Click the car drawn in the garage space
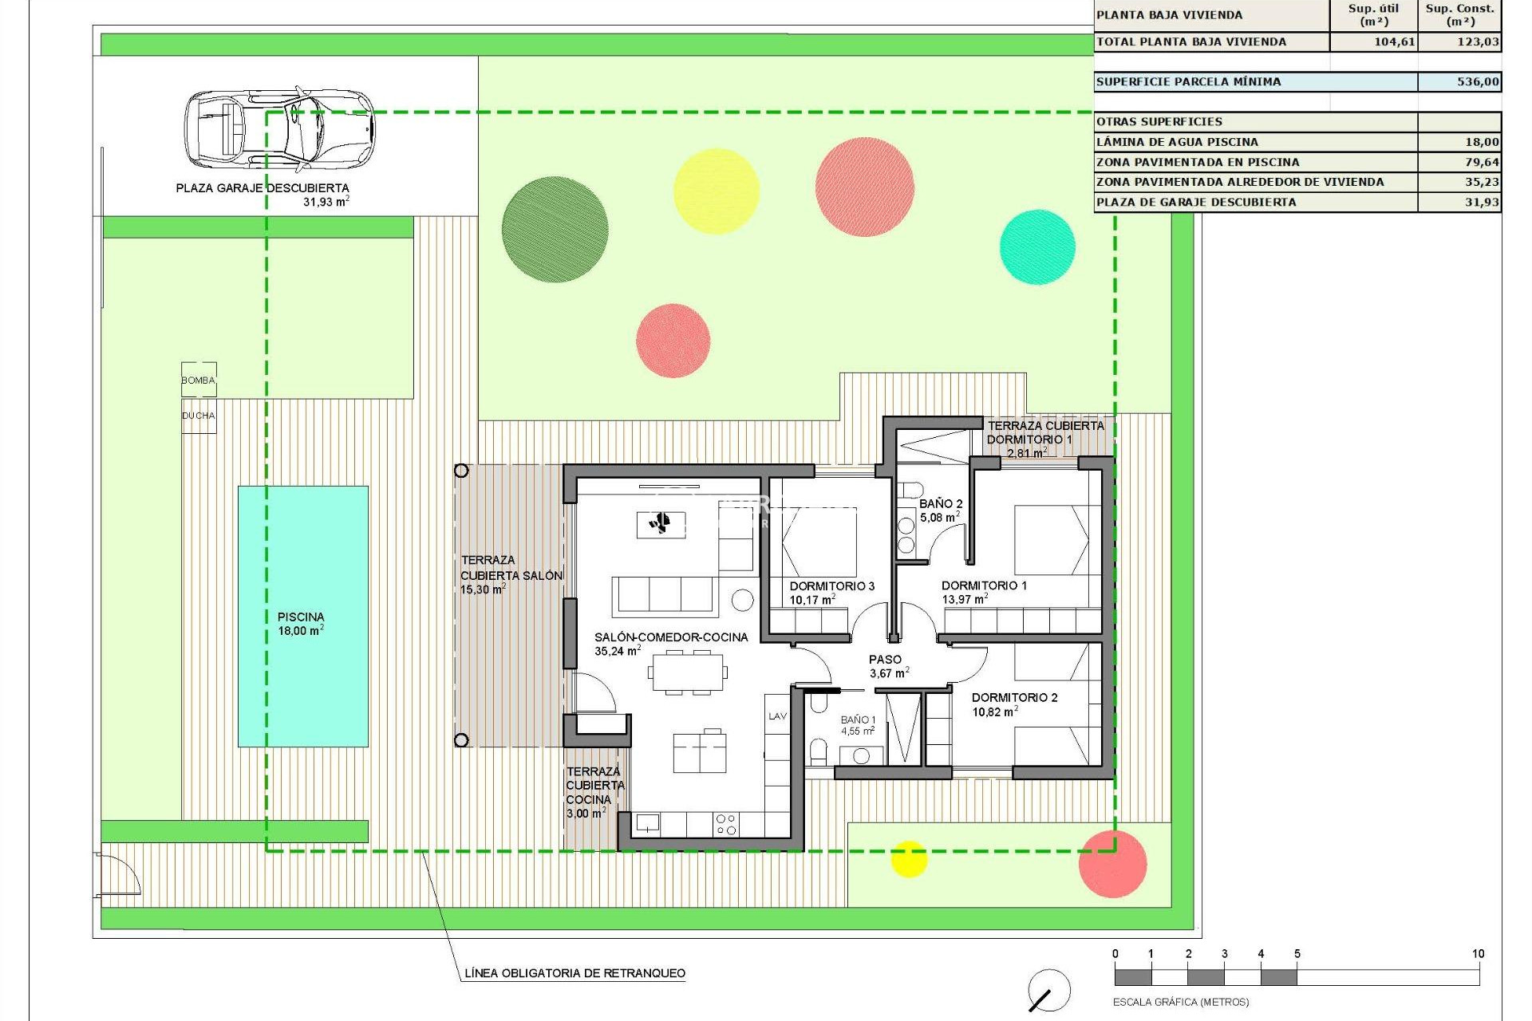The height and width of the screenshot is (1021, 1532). point(279,128)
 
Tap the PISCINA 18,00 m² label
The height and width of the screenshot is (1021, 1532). point(301,624)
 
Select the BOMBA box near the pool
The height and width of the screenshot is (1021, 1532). point(199,380)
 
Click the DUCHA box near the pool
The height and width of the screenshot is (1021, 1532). point(199,416)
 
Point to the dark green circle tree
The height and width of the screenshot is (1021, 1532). point(555,229)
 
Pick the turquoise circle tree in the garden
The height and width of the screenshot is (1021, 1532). point(1037,246)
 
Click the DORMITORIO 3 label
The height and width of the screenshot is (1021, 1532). point(831,586)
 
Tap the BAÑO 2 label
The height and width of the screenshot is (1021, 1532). point(941,504)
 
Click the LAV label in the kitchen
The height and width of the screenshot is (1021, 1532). point(777,716)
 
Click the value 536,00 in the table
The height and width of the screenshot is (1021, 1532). point(1477,81)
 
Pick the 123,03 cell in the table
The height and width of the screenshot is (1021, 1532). point(1477,41)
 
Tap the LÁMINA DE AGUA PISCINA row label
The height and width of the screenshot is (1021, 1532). point(1177,142)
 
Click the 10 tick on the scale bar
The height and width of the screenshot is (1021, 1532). point(1479,954)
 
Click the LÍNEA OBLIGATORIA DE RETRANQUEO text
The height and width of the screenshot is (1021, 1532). point(574,973)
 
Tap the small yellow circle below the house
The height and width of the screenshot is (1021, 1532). point(908,858)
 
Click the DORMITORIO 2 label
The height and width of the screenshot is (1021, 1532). point(1014,698)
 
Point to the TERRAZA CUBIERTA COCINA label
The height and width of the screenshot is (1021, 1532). point(594,792)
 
